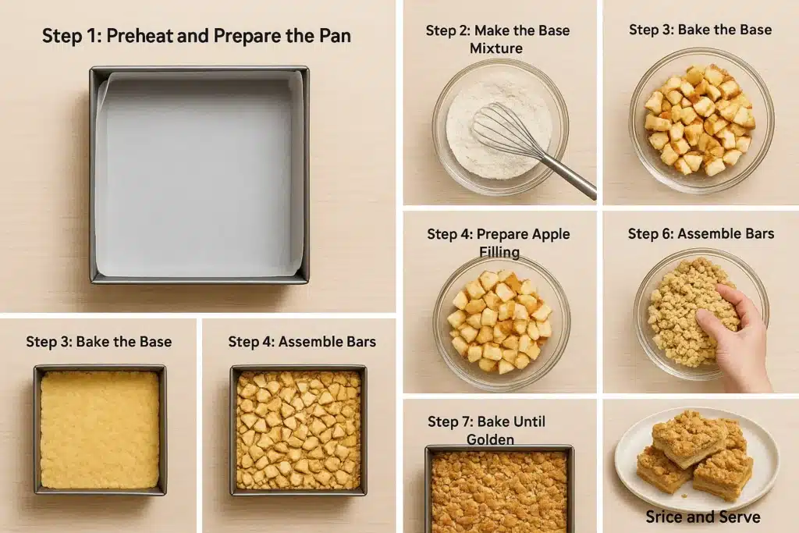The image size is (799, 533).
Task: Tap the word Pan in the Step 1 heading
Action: [335, 36]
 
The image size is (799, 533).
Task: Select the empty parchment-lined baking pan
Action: [199, 175]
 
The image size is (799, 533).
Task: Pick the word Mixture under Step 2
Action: [495, 48]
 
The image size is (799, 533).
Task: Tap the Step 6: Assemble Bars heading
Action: [701, 234]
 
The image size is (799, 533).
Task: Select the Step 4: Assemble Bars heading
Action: [302, 341]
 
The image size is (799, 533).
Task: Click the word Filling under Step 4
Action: [499, 252]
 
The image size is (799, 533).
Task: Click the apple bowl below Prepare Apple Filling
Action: [502, 322]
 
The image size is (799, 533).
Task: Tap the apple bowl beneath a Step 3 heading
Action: [701, 121]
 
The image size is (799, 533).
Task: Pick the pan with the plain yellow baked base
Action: [100, 429]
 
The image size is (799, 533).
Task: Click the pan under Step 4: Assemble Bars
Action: [299, 430]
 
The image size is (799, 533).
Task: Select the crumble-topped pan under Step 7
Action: [499, 489]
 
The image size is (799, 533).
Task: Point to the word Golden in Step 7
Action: [490, 439]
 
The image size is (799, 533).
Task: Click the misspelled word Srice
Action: [663, 517]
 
